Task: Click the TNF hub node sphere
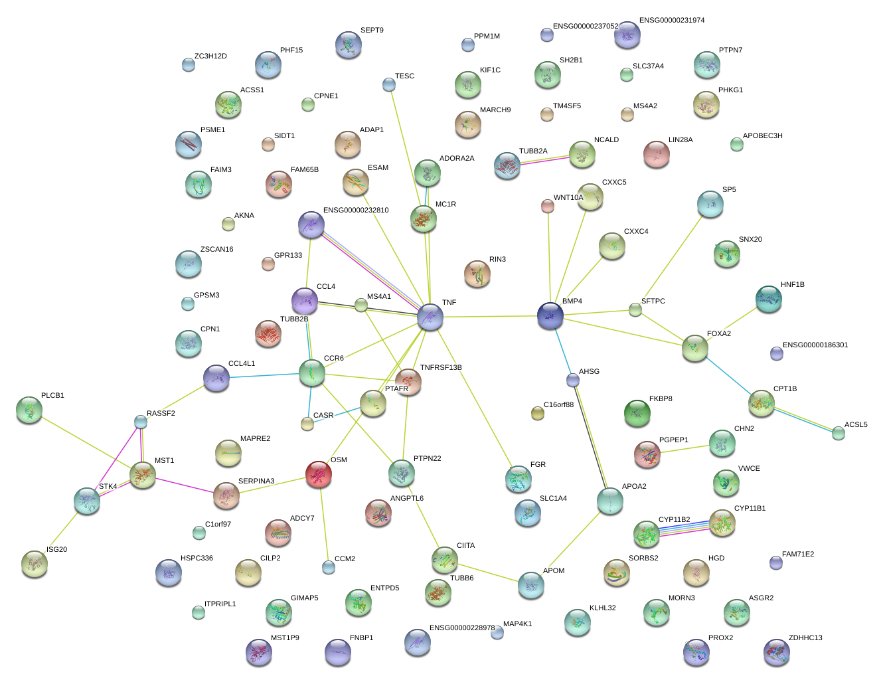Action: point(430,316)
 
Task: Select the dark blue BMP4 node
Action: point(550,315)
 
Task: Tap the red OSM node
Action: point(319,474)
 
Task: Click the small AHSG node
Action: point(573,380)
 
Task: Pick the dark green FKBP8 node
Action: point(637,413)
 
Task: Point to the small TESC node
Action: point(389,85)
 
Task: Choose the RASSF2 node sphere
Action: point(141,422)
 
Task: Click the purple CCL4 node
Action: point(305,301)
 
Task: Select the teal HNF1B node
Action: point(769,299)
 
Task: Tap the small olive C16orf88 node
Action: point(538,413)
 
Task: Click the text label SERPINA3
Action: point(256,481)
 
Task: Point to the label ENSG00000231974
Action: point(672,21)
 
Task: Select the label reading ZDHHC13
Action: point(805,638)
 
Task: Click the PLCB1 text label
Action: point(52,395)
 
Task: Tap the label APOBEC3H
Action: point(762,135)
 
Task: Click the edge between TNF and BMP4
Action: point(491,316)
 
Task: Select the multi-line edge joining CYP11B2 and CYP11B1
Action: point(684,528)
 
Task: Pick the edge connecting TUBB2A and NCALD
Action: point(544,160)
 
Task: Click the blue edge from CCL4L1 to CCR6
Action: point(264,375)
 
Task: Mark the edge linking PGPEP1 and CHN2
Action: point(684,449)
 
